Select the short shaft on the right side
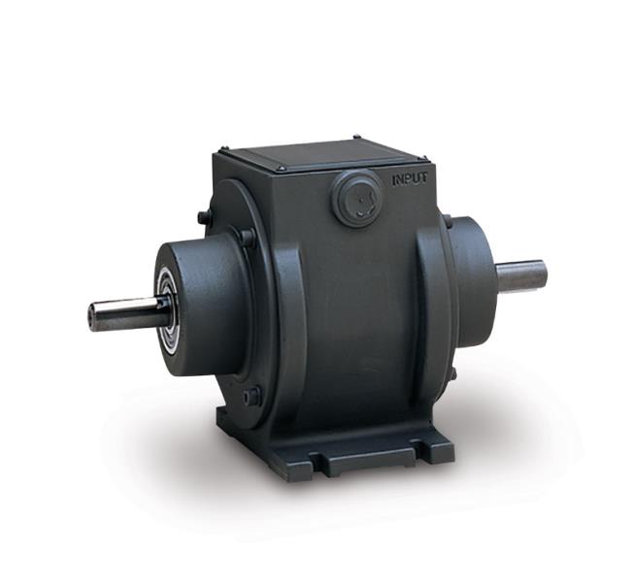click(521, 275)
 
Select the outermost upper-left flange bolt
click(203, 217)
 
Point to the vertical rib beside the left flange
click(287, 320)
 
